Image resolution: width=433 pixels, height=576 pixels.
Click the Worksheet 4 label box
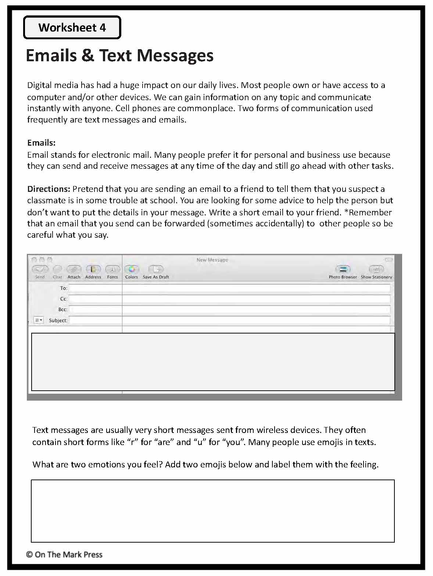click(x=72, y=28)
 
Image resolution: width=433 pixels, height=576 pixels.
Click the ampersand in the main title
click(x=88, y=55)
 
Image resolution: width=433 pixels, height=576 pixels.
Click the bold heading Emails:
click(x=41, y=143)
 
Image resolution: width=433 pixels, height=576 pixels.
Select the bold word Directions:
click(x=49, y=189)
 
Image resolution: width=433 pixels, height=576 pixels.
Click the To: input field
click(x=229, y=288)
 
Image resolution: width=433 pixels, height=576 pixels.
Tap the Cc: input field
click(x=229, y=299)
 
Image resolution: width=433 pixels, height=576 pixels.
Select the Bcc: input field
click(x=229, y=309)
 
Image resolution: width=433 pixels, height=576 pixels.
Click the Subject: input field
click(x=229, y=320)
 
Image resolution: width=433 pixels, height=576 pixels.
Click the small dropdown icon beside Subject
click(x=38, y=320)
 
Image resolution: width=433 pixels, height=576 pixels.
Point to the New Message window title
click(x=212, y=260)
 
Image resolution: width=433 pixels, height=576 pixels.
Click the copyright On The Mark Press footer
click(x=64, y=554)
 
